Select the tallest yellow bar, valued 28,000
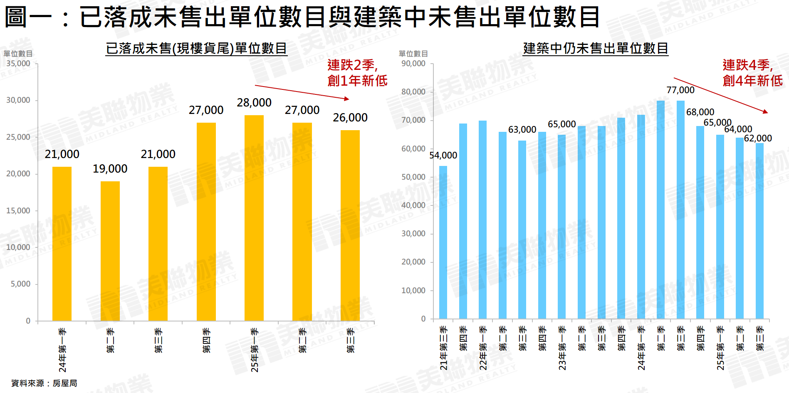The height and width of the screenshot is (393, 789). (x=254, y=218)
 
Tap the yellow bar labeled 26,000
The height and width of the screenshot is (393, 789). (x=350, y=225)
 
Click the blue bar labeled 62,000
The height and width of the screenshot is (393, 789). (x=759, y=231)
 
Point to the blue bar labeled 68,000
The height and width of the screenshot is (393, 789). (x=700, y=222)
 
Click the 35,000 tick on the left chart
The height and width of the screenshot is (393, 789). (x=18, y=64)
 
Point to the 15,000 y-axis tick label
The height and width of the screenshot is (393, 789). (x=18, y=211)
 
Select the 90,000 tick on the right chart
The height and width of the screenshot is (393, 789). (x=413, y=64)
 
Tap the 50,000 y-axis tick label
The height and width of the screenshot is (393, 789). (x=413, y=177)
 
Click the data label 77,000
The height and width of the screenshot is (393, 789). (x=680, y=90)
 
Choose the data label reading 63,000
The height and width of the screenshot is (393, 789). (x=522, y=130)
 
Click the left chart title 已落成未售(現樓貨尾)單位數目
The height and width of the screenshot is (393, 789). (x=196, y=49)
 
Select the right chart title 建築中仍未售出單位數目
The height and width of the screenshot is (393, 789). (x=596, y=49)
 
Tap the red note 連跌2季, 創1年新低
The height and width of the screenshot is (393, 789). (x=357, y=73)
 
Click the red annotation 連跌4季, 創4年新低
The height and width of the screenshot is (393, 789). (x=752, y=73)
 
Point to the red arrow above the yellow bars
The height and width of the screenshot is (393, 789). (x=302, y=92)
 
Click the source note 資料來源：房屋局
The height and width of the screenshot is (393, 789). (x=44, y=383)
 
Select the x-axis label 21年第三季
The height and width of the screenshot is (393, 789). (x=444, y=348)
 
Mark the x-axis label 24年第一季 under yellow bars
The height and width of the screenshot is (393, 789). (x=62, y=350)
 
